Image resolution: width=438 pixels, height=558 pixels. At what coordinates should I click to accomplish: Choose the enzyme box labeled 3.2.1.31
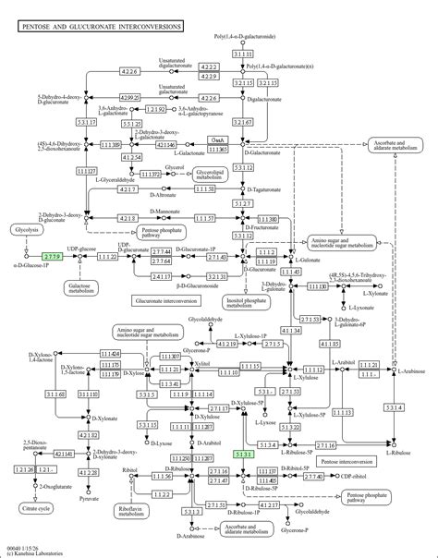point(216,276)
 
